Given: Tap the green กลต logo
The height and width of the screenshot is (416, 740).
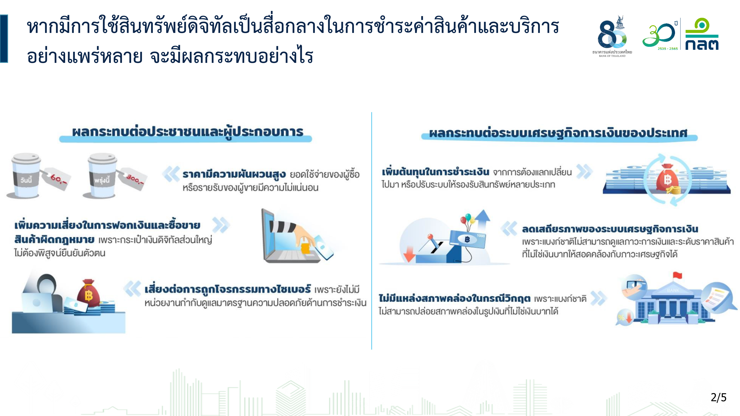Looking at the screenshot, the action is [x=702, y=34].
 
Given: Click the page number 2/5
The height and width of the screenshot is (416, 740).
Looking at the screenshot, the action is [x=719, y=397].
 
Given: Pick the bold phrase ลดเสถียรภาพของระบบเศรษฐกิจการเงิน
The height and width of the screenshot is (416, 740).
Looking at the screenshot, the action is [x=610, y=229].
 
